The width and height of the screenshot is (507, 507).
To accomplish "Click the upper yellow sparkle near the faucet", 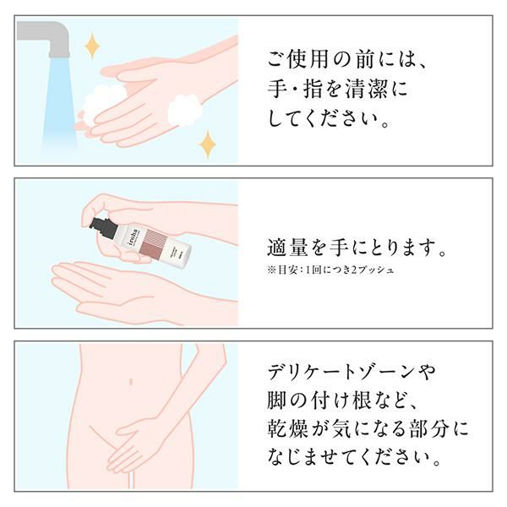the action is pyautogui.click(x=92, y=46).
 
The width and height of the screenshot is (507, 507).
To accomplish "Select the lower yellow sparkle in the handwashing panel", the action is pyautogui.click(x=207, y=144).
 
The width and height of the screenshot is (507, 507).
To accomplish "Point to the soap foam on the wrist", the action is pyautogui.click(x=184, y=111).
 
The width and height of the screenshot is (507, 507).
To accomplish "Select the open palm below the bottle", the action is pyautogui.click(x=129, y=288).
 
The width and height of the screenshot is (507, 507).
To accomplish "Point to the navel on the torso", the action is pyautogui.click(x=131, y=381).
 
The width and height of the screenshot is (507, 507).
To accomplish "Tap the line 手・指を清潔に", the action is pyautogui.click(x=337, y=89).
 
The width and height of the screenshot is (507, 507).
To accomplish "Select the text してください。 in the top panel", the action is pyautogui.click(x=329, y=118).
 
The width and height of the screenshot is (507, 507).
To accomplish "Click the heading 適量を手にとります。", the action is pyautogui.click(x=357, y=248).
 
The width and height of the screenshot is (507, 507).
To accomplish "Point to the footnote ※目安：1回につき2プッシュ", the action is pyautogui.click(x=330, y=270).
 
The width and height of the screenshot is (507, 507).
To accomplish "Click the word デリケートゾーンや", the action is pyautogui.click(x=352, y=372).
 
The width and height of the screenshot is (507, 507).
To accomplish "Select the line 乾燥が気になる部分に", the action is pyautogui.click(x=368, y=429).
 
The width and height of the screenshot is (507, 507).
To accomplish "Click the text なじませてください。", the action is pyautogui.click(x=354, y=458).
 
